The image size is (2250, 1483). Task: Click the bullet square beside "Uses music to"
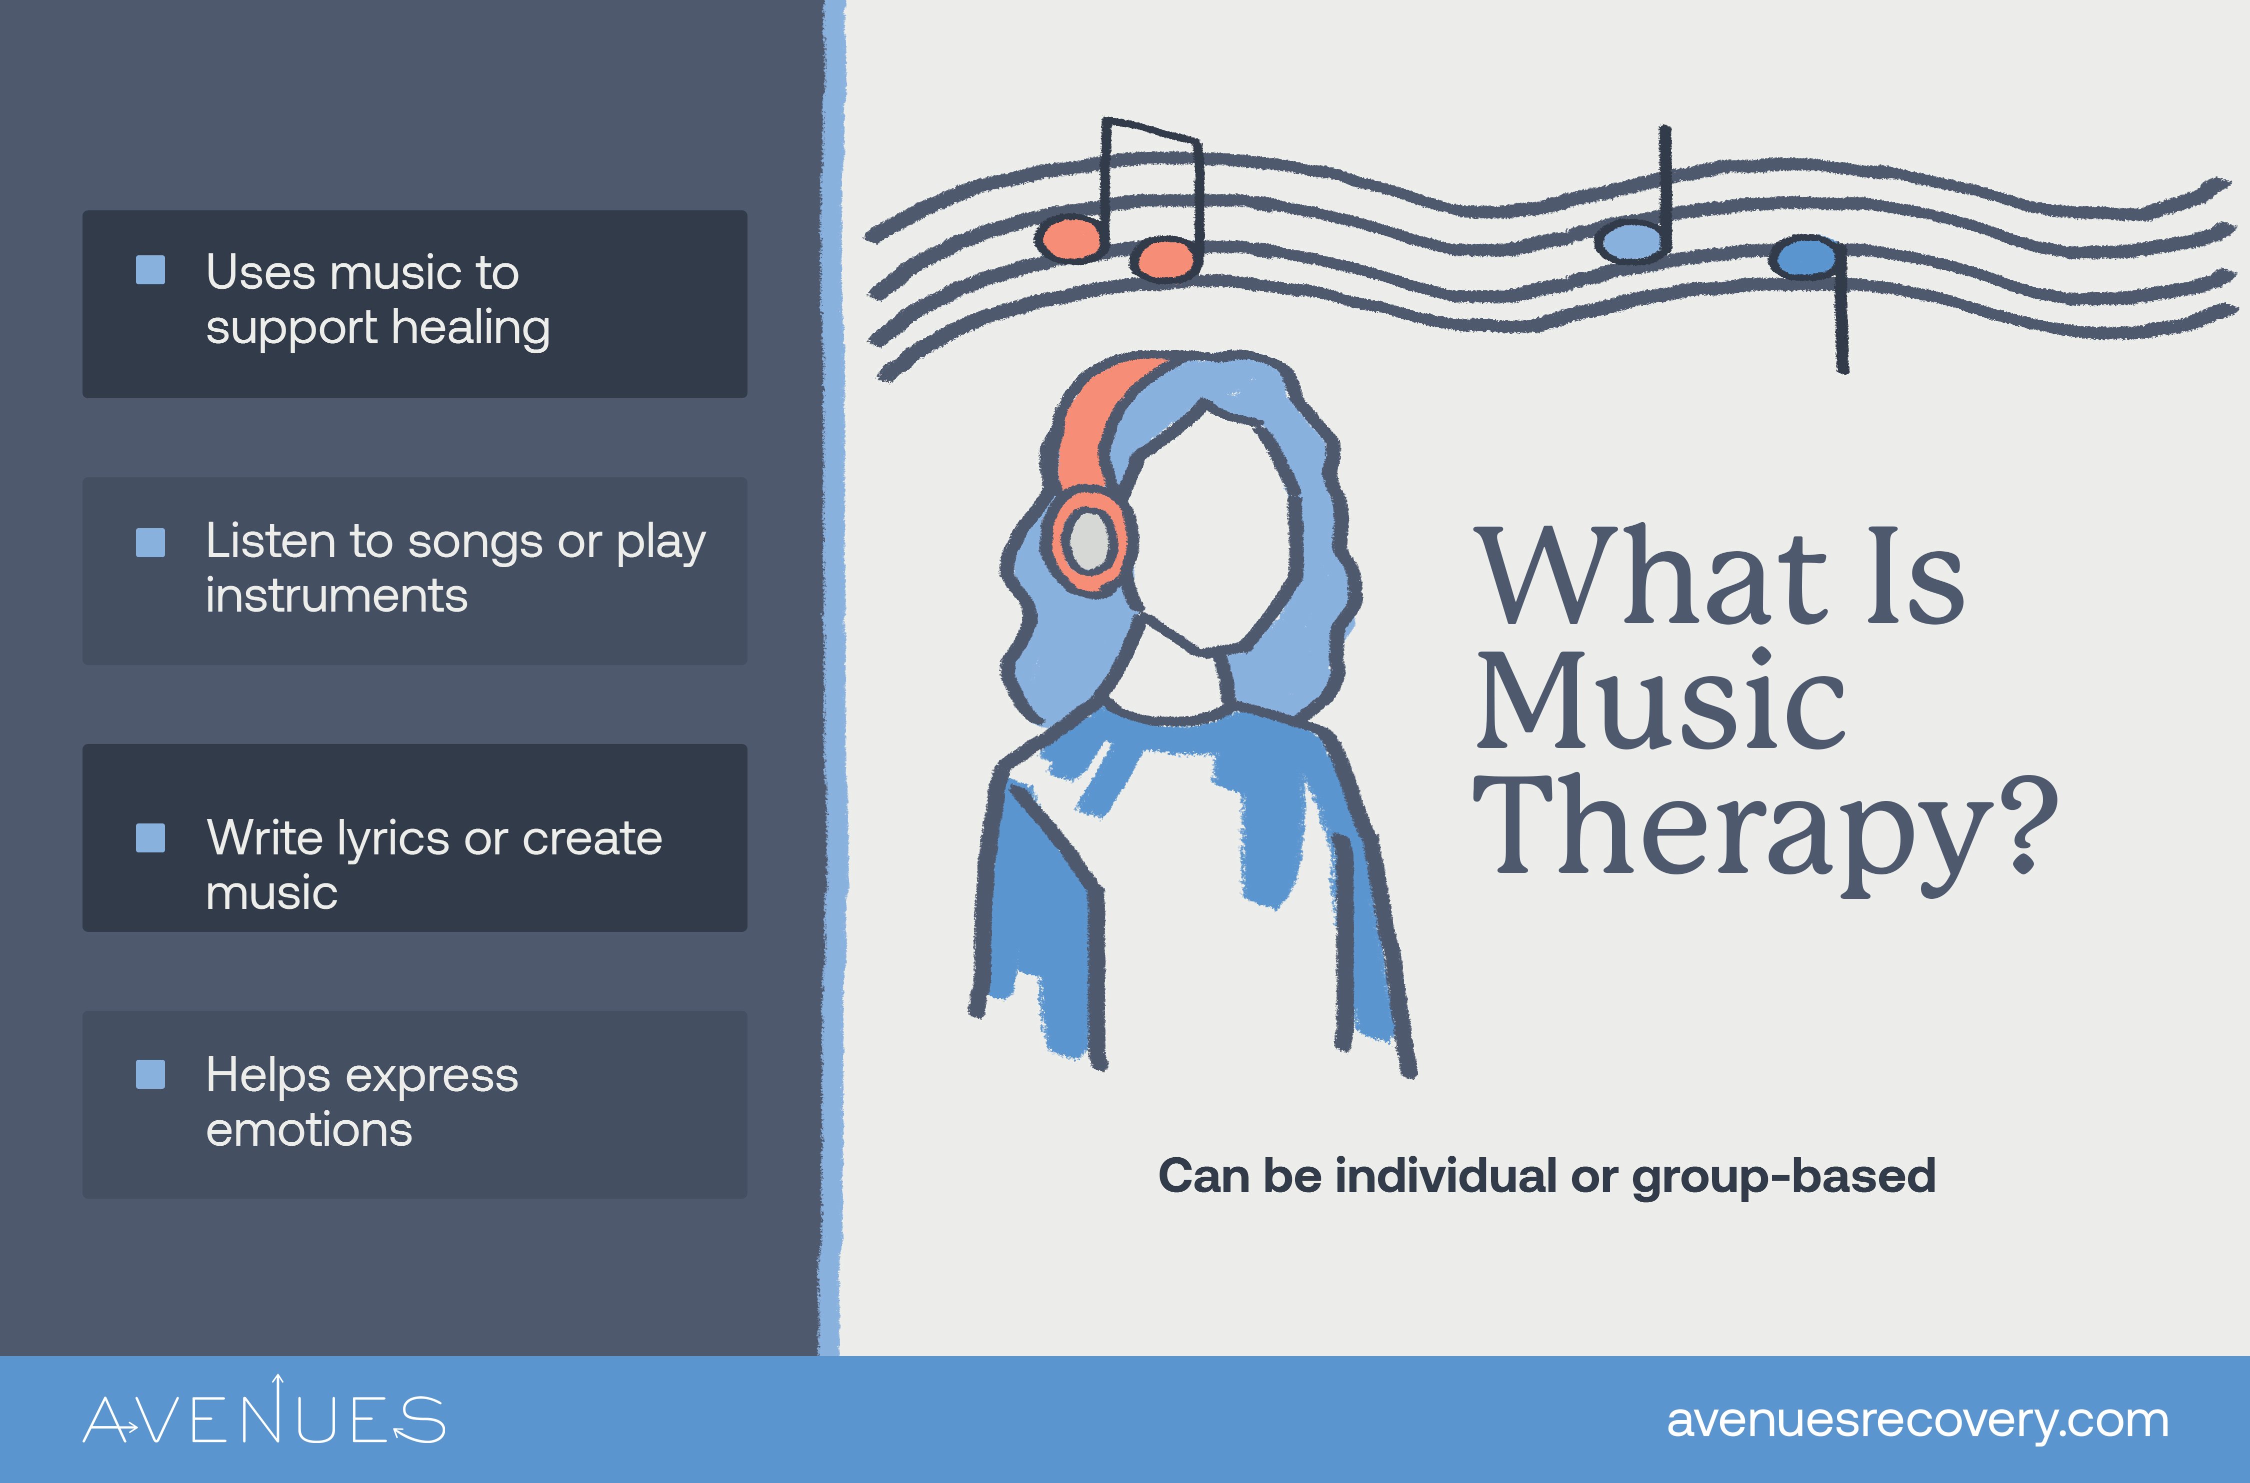click(x=150, y=270)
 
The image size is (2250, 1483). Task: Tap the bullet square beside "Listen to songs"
click(x=150, y=542)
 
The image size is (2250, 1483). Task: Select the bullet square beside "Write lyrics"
click(x=150, y=838)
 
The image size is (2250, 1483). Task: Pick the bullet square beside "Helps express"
click(x=150, y=1074)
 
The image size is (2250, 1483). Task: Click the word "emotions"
click(x=309, y=1129)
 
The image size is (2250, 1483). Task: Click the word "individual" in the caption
click(x=1447, y=1176)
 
